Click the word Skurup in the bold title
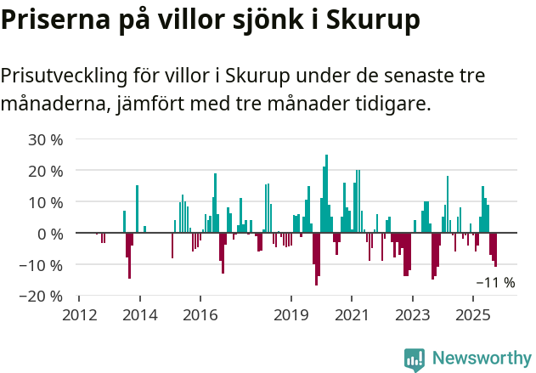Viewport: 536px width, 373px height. (374, 20)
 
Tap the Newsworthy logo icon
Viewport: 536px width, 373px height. (415, 359)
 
